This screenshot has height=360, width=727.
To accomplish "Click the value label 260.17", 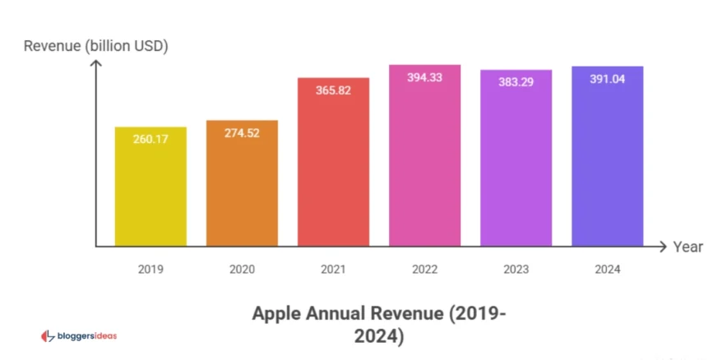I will click(150, 139).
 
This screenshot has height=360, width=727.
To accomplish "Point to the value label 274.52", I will click(242, 132).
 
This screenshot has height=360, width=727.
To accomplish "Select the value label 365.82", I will click(333, 90).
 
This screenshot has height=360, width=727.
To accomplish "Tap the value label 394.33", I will click(424, 77).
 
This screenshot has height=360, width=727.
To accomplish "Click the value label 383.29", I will click(516, 82).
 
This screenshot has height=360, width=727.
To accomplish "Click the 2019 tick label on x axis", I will click(150, 269).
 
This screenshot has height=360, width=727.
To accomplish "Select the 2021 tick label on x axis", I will click(333, 269).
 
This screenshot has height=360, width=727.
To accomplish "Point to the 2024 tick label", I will click(607, 269).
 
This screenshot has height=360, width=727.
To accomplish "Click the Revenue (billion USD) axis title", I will click(95, 46).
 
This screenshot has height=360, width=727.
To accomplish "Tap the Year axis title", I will click(688, 247).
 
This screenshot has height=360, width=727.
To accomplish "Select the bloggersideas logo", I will click(79, 335).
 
